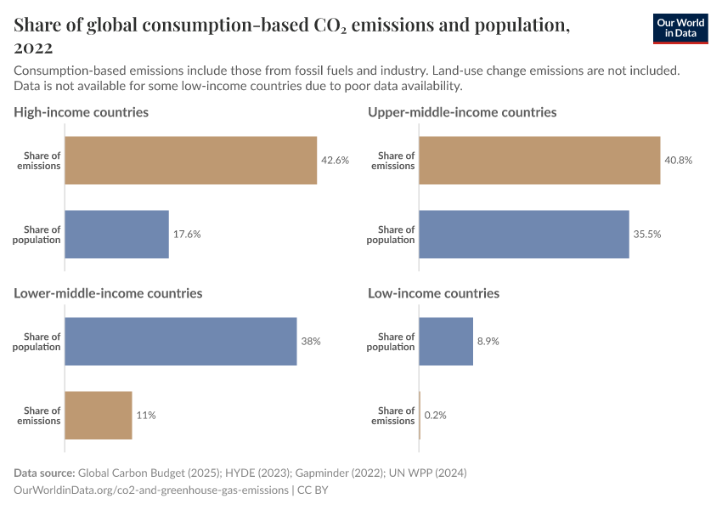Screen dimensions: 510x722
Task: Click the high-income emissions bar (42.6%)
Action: tap(191, 161)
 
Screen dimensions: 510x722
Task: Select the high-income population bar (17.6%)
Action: tap(117, 234)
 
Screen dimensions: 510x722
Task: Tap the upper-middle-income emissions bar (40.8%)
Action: tap(539, 161)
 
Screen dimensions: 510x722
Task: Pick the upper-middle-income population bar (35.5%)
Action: tap(524, 234)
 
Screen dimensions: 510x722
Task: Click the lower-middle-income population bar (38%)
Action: tap(181, 341)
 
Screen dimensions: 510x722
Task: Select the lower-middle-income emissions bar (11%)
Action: tap(99, 415)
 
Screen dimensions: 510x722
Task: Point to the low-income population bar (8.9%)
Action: tap(446, 341)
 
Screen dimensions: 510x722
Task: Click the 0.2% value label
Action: tap(436, 416)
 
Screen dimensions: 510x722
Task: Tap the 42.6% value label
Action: tap(335, 161)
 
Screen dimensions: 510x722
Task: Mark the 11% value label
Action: tap(146, 416)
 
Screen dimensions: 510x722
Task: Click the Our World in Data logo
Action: tap(680, 28)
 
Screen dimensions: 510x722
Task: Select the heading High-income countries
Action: tap(82, 112)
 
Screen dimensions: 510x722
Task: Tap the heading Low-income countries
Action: tap(433, 293)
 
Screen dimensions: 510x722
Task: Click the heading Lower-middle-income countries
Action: tap(108, 293)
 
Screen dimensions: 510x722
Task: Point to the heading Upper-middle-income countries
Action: tap(462, 112)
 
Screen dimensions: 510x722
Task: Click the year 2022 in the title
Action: tap(33, 48)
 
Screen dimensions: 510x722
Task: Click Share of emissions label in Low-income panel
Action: tap(392, 416)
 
